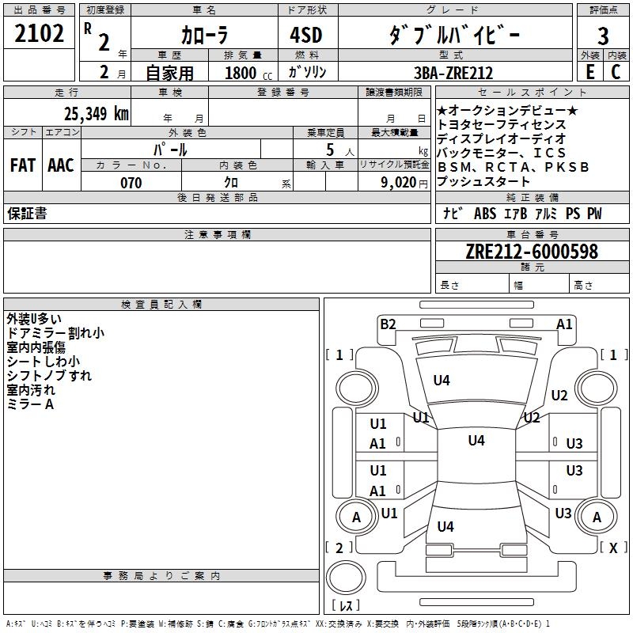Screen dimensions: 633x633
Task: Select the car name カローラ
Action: point(203,36)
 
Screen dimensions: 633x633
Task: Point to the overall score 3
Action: point(603,36)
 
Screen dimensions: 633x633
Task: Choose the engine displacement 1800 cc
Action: point(244,73)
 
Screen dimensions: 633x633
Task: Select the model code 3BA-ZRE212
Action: point(453,73)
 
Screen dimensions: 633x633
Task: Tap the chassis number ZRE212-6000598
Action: point(532,252)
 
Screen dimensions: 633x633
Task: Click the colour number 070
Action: point(131,183)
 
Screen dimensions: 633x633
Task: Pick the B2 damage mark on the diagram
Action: point(388,324)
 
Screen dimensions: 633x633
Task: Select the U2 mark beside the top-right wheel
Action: point(559,396)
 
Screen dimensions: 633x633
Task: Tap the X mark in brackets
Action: point(612,547)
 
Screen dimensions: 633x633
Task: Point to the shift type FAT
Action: point(22,165)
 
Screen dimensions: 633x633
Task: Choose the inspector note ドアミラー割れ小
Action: point(55,333)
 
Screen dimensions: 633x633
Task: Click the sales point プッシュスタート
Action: point(483,182)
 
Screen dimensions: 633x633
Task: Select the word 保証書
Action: point(27,213)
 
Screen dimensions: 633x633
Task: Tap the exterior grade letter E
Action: point(589,71)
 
